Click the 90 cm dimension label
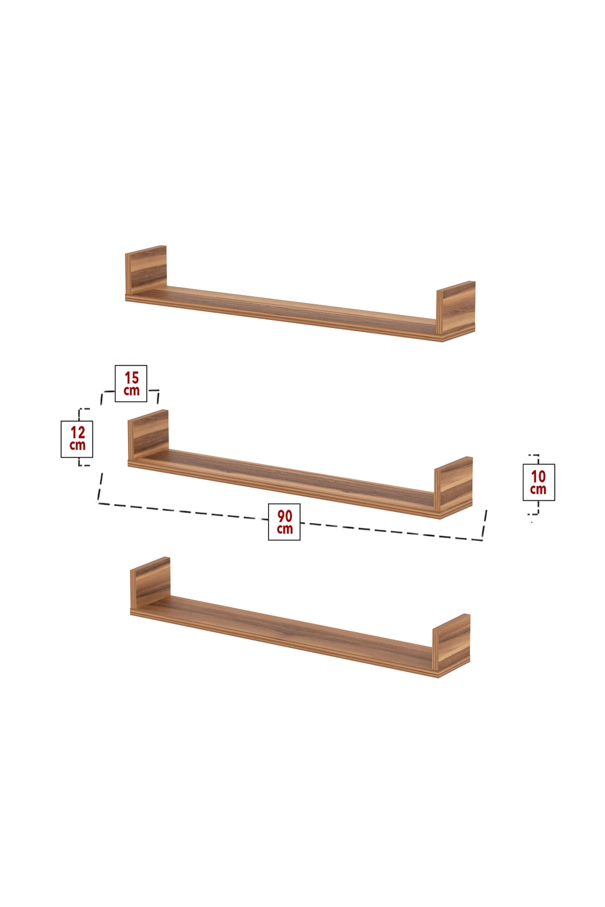point(284,522)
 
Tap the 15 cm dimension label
point(131,383)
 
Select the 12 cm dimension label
point(77,439)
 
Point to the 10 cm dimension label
point(538,482)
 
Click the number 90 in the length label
point(284,516)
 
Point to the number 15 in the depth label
point(132,377)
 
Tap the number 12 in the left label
point(78,432)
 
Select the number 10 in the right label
point(538,476)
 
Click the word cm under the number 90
point(284,529)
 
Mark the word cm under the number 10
point(538,489)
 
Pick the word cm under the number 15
point(132,391)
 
